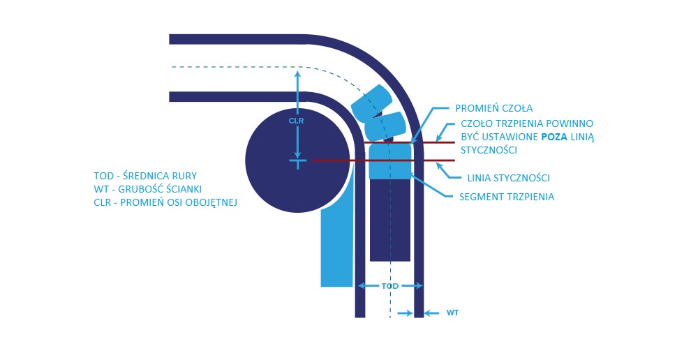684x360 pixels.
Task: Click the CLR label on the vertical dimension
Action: [x=297, y=120]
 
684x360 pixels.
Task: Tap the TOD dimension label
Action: [x=389, y=286]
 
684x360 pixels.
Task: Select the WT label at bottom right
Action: [x=452, y=313]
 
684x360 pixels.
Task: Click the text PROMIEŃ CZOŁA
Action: [x=493, y=108]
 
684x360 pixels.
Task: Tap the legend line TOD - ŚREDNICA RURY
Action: [x=151, y=175]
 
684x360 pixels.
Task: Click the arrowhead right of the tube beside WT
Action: [x=429, y=313]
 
